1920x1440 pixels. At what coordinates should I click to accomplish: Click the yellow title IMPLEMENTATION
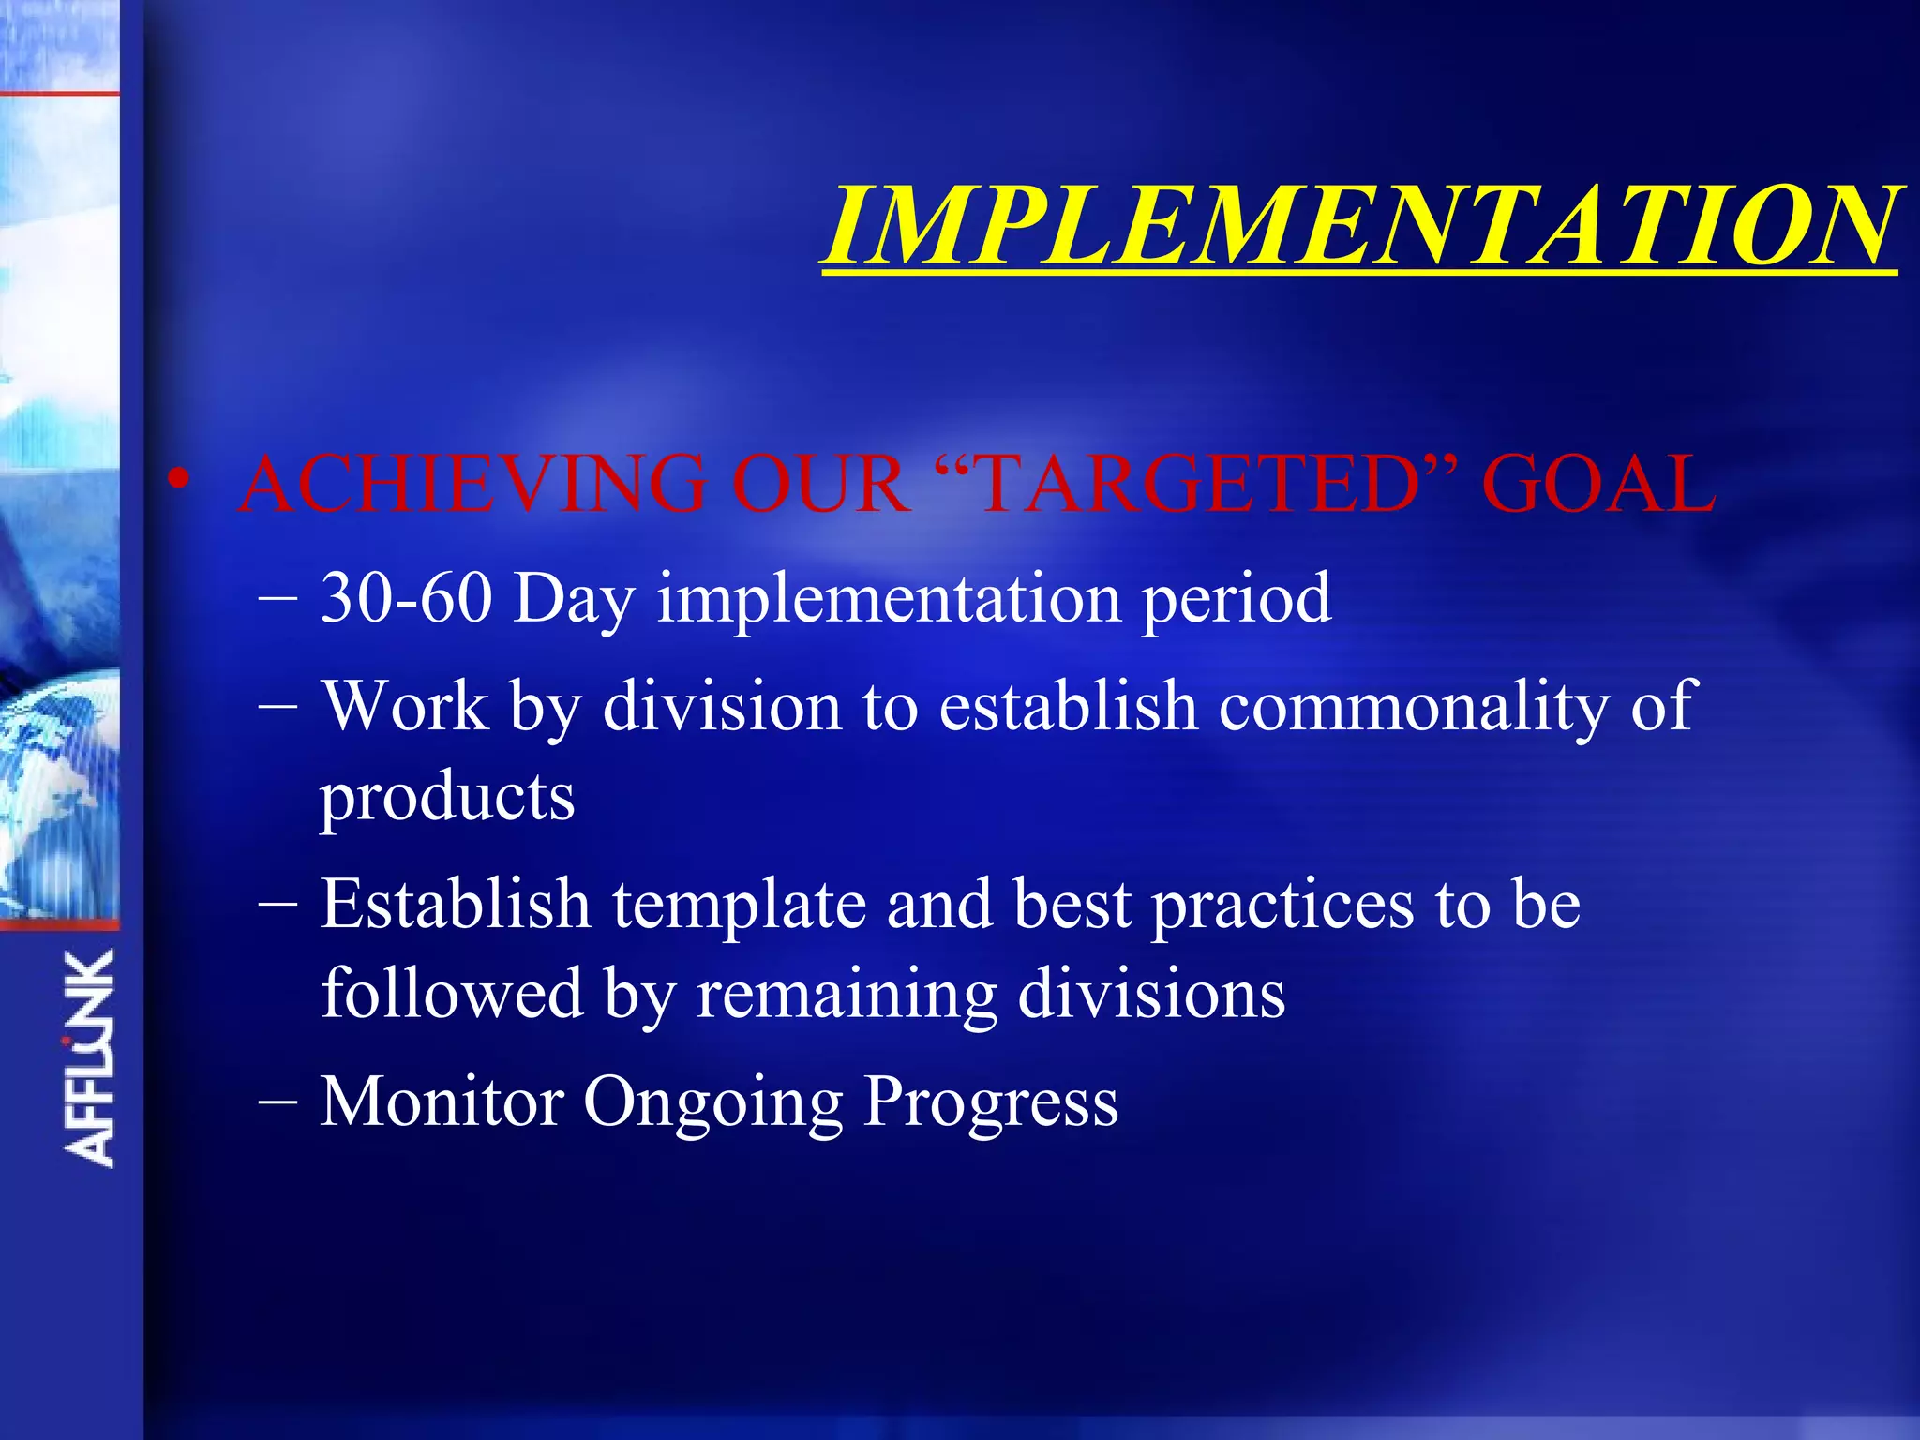click(1361, 225)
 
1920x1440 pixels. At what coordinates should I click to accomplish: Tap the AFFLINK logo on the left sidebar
click(90, 1057)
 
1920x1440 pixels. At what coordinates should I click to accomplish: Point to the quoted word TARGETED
click(1200, 484)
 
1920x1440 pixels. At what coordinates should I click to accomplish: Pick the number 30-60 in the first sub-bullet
click(406, 598)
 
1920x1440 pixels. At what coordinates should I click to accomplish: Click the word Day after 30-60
click(574, 600)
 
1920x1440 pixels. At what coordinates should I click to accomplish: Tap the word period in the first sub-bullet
click(1236, 600)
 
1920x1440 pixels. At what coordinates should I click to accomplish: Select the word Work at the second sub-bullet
click(405, 705)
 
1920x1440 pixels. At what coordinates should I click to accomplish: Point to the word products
click(447, 799)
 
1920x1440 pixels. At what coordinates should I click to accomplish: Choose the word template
click(739, 906)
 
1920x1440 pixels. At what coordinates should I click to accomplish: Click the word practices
click(1282, 906)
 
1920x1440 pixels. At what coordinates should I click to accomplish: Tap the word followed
click(452, 994)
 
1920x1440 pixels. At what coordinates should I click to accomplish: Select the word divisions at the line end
click(1151, 994)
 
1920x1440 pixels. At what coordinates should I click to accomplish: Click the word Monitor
click(442, 1101)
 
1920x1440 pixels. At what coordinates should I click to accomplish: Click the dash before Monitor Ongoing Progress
click(277, 1102)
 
